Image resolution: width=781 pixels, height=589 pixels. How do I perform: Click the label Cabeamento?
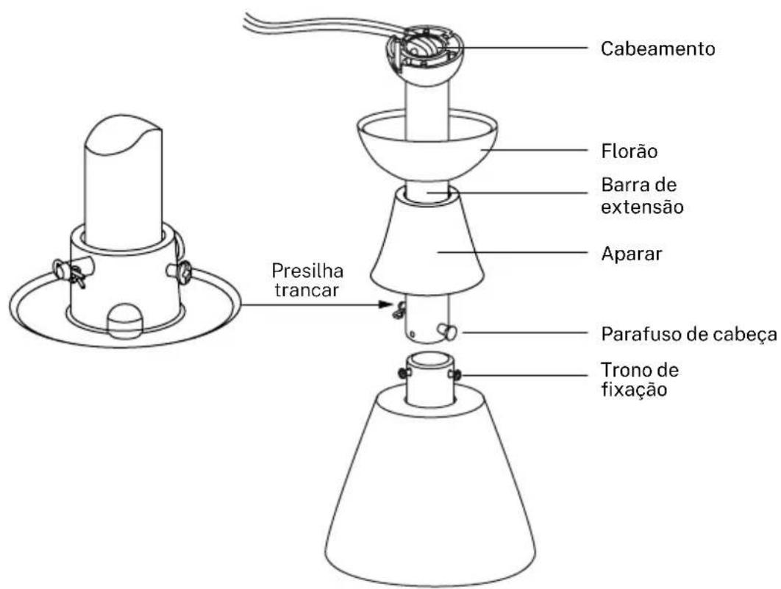point(657,49)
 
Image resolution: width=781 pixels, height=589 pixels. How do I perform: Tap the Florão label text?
point(629,151)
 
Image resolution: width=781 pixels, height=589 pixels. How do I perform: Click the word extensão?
point(642,207)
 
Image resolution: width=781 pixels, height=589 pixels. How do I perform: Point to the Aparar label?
point(632,254)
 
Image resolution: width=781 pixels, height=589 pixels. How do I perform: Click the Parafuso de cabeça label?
point(689,334)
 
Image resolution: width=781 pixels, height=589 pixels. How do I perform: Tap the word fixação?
point(634,389)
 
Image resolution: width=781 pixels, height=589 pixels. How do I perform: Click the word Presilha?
point(307,271)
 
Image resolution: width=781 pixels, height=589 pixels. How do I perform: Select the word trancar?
point(307,290)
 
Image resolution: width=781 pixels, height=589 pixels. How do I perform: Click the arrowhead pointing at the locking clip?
point(385,304)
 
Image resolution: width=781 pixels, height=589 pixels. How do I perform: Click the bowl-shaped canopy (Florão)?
point(427,160)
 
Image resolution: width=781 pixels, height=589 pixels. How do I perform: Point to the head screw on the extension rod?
point(447,331)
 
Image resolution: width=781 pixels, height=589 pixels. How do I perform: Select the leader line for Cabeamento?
point(526,49)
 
